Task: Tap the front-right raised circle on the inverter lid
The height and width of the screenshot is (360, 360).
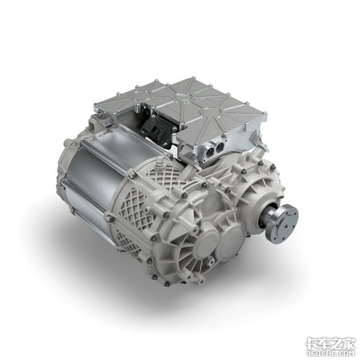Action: pyautogui.click(x=212, y=112)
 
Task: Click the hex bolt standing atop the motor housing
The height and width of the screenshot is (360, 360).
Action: pyautogui.click(x=160, y=163)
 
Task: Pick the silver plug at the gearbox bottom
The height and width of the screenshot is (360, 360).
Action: pyautogui.click(x=211, y=262)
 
